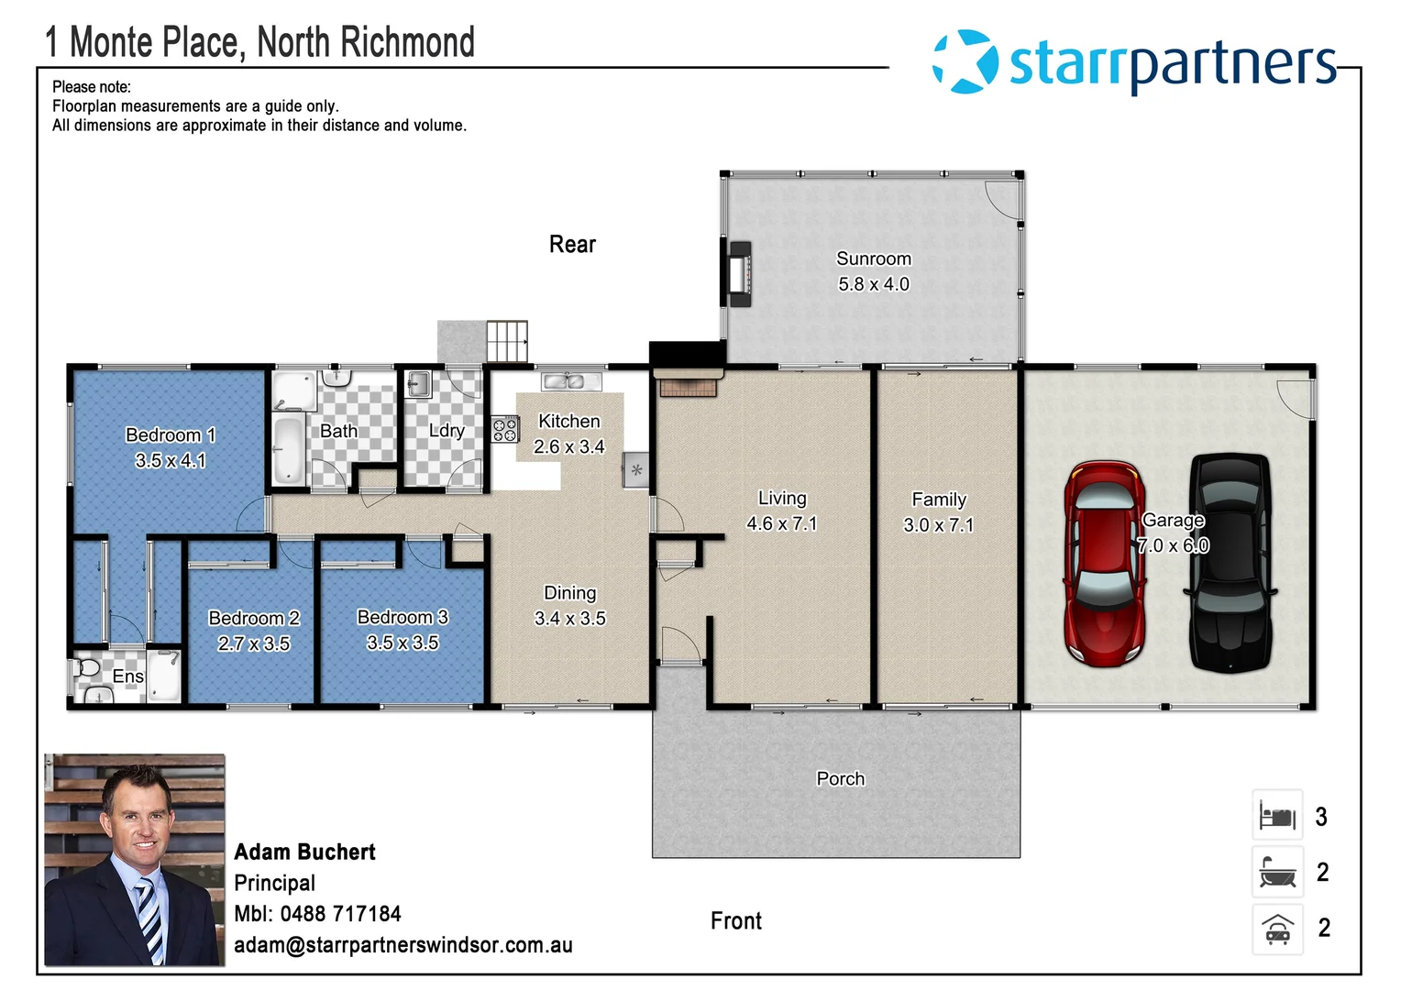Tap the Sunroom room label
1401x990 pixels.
tap(873, 258)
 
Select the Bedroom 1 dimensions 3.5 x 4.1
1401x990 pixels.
tap(171, 460)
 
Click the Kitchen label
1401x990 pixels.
tap(568, 421)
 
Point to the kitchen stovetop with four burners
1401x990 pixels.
tap(505, 429)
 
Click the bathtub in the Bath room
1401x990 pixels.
tap(288, 449)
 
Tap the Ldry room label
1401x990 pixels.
tap(447, 430)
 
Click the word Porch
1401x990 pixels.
tap(840, 778)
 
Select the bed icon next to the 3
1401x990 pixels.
tap(1277, 815)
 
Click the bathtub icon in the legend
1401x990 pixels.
tap(1277, 872)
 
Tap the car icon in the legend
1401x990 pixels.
tap(1277, 929)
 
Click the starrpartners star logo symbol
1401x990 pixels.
tap(965, 61)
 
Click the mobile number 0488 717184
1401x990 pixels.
tap(340, 914)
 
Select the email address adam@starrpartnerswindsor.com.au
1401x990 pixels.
tap(403, 945)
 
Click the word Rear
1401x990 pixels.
tap(572, 245)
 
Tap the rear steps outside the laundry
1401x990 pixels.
tap(506, 341)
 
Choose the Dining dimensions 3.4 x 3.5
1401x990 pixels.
tap(569, 619)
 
